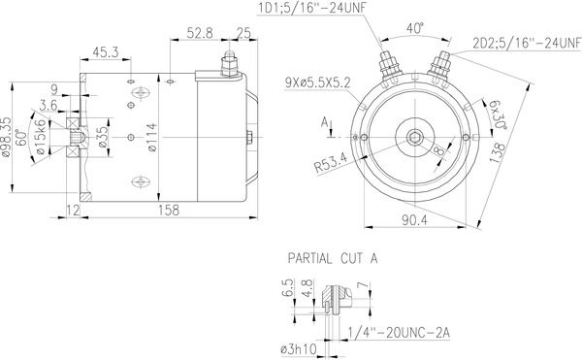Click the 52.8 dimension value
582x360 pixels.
[200, 33]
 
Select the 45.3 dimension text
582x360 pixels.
[106, 52]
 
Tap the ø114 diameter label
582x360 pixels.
[152, 138]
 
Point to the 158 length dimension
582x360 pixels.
[169, 210]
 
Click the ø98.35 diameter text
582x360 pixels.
[6, 137]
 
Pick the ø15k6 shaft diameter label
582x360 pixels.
[41, 137]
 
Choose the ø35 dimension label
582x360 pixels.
[103, 138]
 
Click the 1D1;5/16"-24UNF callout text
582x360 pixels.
[310, 8]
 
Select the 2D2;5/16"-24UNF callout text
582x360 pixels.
[527, 43]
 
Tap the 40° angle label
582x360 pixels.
[415, 28]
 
